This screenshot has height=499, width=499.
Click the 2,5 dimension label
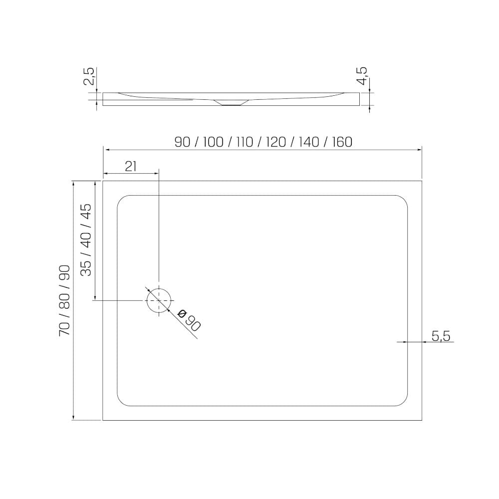pyautogui.click(x=89, y=76)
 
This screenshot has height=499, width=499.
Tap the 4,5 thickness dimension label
pyautogui.click(x=362, y=76)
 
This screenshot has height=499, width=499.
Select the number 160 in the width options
pyautogui.click(x=342, y=142)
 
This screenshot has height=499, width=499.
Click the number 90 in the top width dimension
pyautogui.click(x=182, y=142)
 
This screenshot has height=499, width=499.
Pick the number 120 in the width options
pyautogui.click(x=276, y=142)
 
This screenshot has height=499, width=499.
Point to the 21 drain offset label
pyautogui.click(x=131, y=166)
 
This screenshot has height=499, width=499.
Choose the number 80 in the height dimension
pyautogui.click(x=64, y=300)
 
